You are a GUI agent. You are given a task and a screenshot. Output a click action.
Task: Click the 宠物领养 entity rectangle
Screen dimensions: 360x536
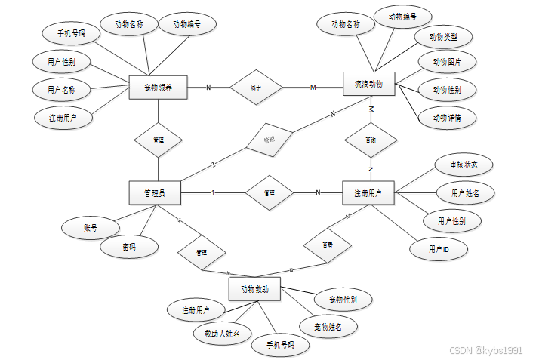[x=158, y=88]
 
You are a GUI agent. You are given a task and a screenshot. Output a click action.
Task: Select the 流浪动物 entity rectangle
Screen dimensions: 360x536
[x=369, y=85]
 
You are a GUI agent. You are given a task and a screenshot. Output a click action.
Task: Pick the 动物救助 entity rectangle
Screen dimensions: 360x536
[x=255, y=288]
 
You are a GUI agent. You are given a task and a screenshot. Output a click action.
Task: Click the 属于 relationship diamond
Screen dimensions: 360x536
[x=256, y=87]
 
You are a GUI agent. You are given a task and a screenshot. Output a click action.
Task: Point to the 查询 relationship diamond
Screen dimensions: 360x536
[x=370, y=140]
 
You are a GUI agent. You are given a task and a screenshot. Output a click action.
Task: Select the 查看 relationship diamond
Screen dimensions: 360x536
[x=328, y=245]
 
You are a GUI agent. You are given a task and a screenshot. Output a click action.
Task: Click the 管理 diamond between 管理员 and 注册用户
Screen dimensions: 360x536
[x=270, y=193]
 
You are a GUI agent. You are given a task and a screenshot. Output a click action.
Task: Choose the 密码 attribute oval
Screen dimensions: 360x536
[x=131, y=246]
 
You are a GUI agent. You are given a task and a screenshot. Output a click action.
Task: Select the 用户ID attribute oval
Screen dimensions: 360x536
[x=439, y=248]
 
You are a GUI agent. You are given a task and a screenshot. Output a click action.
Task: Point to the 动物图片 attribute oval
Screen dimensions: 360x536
[x=446, y=62]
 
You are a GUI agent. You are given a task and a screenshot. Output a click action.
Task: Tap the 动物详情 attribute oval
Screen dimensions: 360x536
[x=447, y=118]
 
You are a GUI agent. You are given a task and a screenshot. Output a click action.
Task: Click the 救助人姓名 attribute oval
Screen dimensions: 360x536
[x=223, y=333]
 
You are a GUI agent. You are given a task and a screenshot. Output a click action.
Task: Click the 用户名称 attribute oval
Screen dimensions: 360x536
[x=60, y=89]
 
